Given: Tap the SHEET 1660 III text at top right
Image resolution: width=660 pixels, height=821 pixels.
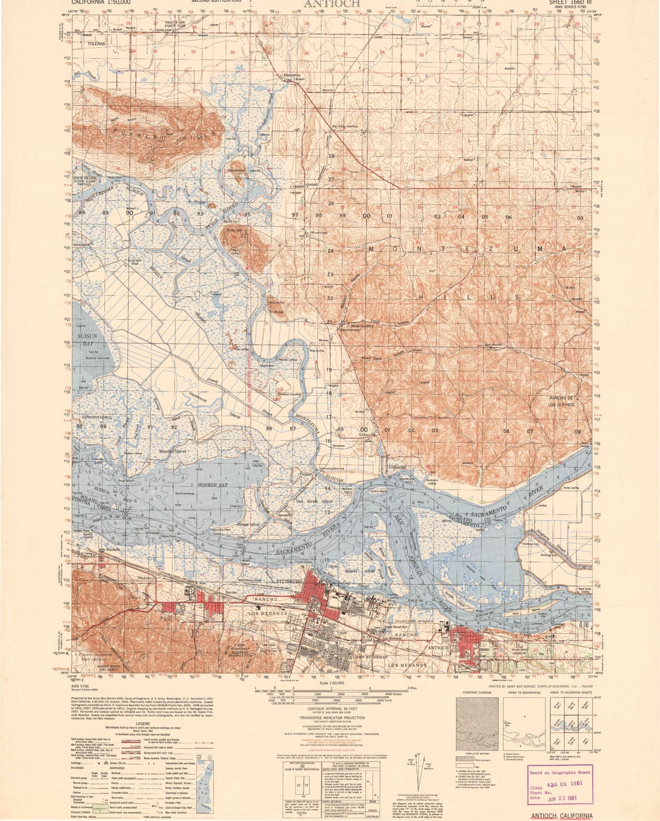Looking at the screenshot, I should click(568, 2).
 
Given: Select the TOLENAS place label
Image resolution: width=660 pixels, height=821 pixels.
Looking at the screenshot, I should click(96, 44).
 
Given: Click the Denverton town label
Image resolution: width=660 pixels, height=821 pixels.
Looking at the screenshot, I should click(292, 75).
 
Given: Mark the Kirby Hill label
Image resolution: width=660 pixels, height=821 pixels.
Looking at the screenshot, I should click(234, 230).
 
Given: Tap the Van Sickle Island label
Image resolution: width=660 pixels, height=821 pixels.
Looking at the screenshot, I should click(314, 501).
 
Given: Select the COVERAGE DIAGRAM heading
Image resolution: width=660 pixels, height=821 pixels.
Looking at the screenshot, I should click(477, 692).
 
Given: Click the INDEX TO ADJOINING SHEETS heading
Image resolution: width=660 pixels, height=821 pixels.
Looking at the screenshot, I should click(570, 692).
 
